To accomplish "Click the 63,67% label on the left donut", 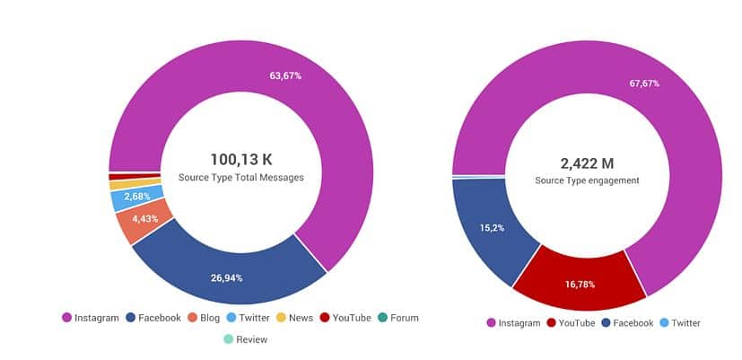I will coord(285,75).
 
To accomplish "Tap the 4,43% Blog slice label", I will coord(144,218).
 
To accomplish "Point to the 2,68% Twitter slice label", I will coord(136,196).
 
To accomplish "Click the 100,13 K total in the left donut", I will coord(240,159).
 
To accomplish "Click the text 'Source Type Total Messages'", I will coord(240,178).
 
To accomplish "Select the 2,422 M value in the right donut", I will coord(587,162).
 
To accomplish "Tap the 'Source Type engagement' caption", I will coord(587,180).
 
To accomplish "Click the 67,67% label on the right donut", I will coord(643,83).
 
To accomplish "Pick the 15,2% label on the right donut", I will coord(492,228).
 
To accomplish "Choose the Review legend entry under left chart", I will coord(246,339).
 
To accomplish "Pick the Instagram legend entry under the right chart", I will coord(514,323).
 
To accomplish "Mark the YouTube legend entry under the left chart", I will coord(345,318).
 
